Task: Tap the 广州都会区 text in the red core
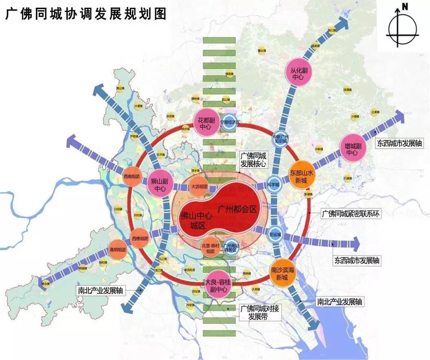coord(237,209)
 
